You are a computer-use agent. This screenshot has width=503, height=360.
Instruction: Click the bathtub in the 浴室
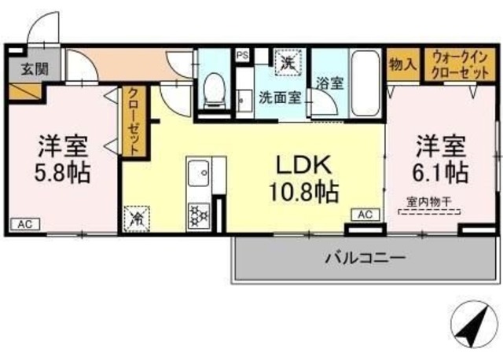click(365, 83)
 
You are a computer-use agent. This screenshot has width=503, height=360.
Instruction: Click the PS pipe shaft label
click(244, 55)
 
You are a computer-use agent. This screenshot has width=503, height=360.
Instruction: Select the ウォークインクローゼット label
click(458, 62)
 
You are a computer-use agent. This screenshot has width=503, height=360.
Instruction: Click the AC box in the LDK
click(365, 214)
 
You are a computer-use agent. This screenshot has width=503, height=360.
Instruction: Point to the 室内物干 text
click(428, 201)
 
